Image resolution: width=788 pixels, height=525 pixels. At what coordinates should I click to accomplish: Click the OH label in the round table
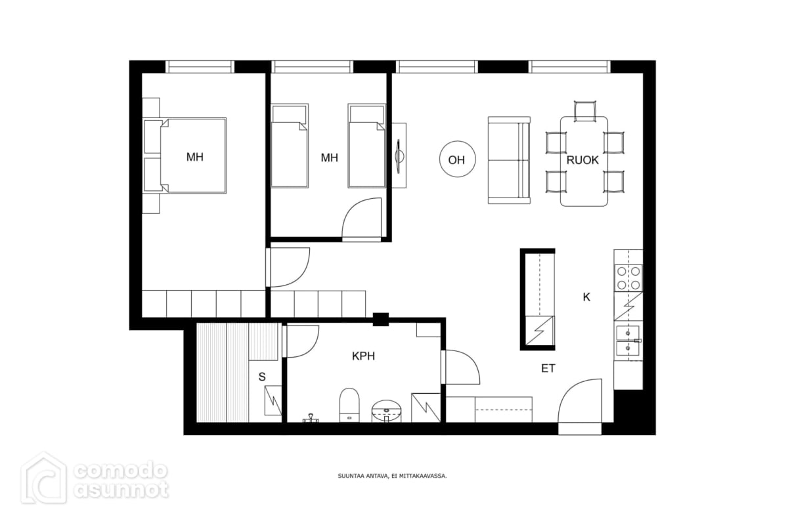coord(456,160)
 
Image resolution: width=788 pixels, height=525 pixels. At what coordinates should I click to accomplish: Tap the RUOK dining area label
coord(582,160)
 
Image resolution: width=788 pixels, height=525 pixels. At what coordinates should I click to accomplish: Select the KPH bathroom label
coord(363,356)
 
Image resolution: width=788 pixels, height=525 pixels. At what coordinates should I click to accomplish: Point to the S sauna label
coord(262,377)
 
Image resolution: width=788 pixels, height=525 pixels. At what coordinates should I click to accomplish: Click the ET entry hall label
coord(548,369)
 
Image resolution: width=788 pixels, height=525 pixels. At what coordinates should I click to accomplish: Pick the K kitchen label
coord(586,297)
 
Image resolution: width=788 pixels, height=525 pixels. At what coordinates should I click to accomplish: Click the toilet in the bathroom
coord(349,405)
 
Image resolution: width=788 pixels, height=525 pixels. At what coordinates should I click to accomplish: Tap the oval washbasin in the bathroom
coord(387,411)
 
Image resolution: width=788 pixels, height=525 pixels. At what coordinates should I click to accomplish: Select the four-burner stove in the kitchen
coord(628,278)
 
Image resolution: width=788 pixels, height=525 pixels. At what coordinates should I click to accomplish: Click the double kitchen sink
coord(628,341)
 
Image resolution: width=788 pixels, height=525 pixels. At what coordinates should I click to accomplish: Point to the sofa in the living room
coord(509,160)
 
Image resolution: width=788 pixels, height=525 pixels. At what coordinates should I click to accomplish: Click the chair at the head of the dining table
coord(585,110)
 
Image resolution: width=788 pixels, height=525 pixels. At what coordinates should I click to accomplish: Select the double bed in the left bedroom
coord(185,156)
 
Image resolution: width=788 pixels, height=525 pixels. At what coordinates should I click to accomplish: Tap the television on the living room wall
coord(399,156)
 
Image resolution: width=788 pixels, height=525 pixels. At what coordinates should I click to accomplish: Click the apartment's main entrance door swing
coord(580,401)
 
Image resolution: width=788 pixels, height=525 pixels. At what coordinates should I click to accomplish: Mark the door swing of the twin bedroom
coord(362,219)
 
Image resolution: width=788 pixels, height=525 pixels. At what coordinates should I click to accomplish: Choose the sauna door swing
coord(301,341)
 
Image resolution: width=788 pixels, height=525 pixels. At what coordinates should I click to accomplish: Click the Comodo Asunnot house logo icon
coord(44,478)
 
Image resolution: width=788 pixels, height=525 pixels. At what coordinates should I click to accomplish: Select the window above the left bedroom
coord(200,67)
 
